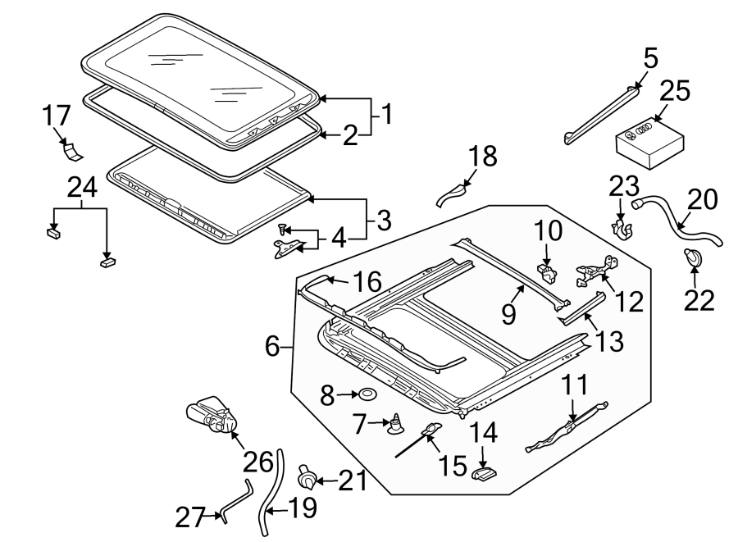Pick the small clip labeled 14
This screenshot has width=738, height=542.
tap(485, 473)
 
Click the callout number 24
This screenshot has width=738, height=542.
tap(82, 188)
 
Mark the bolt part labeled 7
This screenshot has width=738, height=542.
tap(398, 424)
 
